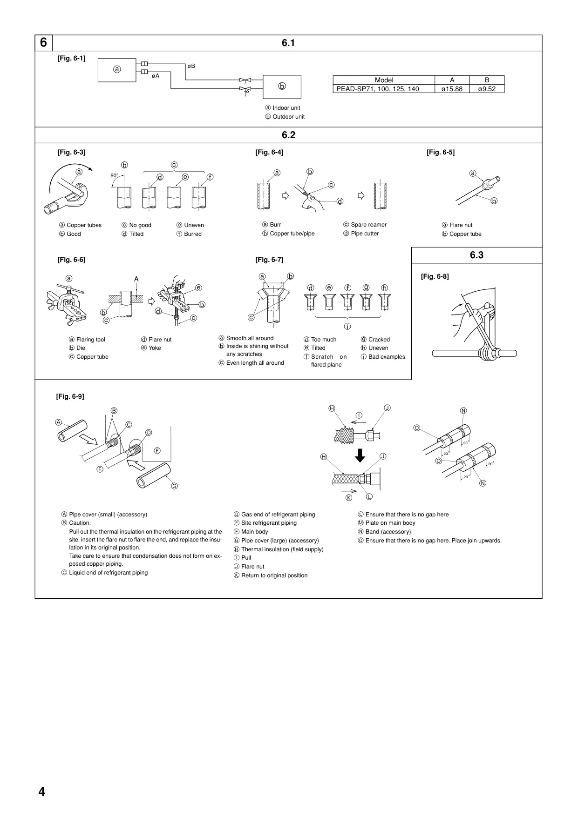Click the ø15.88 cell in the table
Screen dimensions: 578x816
tap(452, 89)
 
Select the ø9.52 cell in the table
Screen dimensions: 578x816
tap(487, 89)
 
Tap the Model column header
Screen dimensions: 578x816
tap(384, 80)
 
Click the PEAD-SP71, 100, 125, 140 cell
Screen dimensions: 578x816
tap(384, 89)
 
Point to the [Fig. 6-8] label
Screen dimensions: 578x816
tap(435, 276)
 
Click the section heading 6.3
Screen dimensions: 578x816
tap(476, 255)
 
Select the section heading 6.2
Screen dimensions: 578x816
tap(288, 135)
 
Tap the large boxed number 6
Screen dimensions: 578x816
tap(43, 43)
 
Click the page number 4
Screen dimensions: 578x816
tap(42, 791)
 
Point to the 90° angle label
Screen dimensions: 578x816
tap(114, 175)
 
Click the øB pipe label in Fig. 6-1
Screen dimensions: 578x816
tap(191, 66)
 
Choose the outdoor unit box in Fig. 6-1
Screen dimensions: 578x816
tap(282, 87)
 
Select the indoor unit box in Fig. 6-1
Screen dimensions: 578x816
tap(117, 70)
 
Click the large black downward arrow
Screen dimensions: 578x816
tap(360, 455)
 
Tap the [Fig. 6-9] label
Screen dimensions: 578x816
tap(70, 396)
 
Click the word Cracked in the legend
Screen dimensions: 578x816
tap(379, 340)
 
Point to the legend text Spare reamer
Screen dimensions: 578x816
tap(369, 225)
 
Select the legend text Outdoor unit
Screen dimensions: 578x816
tap(289, 117)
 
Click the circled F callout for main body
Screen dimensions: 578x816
tap(157, 450)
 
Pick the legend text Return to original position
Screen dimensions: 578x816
tap(274, 575)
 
